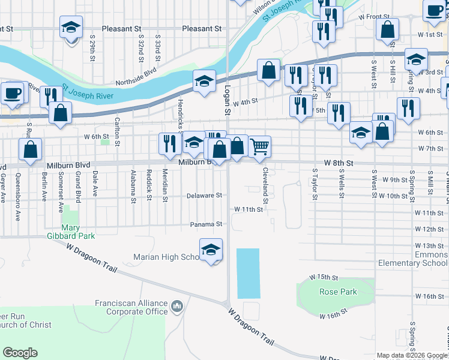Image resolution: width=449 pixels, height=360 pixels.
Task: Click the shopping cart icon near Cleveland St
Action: (259, 146)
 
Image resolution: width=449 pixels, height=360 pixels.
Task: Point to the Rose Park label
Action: (338, 292)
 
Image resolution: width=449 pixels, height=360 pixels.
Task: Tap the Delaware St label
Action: (204, 195)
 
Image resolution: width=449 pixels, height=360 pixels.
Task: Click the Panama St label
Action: (206, 224)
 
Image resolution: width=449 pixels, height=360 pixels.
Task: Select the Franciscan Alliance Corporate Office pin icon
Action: (177, 307)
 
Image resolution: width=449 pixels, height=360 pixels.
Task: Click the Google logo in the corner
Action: (20, 353)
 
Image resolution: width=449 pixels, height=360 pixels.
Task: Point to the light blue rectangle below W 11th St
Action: (249, 273)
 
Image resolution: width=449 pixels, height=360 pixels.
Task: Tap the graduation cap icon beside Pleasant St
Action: (71, 28)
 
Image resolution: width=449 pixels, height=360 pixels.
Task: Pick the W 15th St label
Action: (321, 277)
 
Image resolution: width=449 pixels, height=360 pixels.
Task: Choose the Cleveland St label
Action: (265, 179)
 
